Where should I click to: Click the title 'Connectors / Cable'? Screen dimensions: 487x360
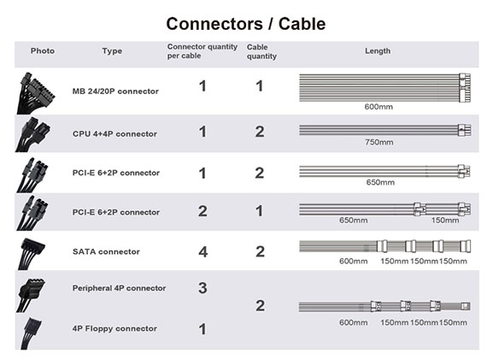pyautogui.click(x=246, y=24)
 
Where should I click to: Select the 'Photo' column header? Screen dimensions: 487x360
pyautogui.click(x=43, y=50)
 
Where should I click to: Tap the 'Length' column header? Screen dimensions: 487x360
pyautogui.click(x=378, y=50)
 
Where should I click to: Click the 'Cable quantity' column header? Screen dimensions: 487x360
pyautogui.click(x=261, y=51)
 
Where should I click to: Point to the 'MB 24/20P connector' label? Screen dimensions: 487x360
pyautogui.click(x=115, y=91)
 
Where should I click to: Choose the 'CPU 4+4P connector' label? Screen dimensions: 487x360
pyautogui.click(x=114, y=133)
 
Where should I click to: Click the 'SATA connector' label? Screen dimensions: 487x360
pyautogui.click(x=106, y=251)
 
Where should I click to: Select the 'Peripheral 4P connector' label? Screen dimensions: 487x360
pyautogui.click(x=119, y=288)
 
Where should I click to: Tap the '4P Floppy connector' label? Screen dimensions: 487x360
pyautogui.click(x=114, y=328)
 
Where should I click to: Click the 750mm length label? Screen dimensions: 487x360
pyautogui.click(x=378, y=142)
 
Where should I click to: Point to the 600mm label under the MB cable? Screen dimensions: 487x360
pyautogui.click(x=378, y=107)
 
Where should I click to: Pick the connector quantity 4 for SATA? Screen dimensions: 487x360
pyautogui.click(x=202, y=251)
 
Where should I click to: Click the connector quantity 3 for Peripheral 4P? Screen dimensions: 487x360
pyautogui.click(x=202, y=288)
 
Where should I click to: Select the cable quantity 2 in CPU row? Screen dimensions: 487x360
pyautogui.click(x=260, y=132)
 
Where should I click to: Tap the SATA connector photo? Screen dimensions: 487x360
pyautogui.click(x=31, y=254)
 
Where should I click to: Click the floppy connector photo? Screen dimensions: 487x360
pyautogui.click(x=31, y=333)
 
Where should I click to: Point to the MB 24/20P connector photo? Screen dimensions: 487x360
pyautogui.click(x=35, y=93)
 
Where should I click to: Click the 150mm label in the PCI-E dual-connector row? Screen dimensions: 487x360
pyautogui.click(x=445, y=220)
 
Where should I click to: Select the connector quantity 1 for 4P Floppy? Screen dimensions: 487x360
pyautogui.click(x=202, y=329)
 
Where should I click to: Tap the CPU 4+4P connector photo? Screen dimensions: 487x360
pyautogui.click(x=32, y=134)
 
